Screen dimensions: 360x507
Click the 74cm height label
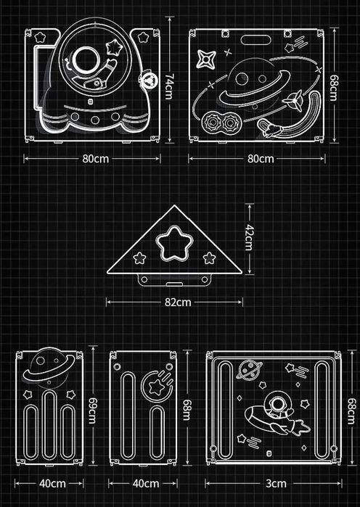click(170, 86)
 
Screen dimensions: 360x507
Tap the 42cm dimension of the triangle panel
click(249, 238)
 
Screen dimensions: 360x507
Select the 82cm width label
click(178, 302)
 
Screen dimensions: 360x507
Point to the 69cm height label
click(92, 411)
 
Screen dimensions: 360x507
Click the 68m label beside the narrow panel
click(187, 410)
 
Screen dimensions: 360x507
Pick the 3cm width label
click(276, 484)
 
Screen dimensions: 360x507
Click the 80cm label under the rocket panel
click(95, 159)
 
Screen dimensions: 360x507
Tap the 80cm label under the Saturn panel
click(261, 159)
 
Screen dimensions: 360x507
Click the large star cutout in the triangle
click(174, 244)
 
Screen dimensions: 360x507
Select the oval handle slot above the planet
click(256, 40)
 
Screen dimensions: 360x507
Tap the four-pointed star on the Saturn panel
click(205, 59)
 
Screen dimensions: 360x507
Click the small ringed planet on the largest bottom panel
click(249, 370)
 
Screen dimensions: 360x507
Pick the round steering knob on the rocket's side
click(149, 80)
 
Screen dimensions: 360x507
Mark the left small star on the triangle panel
click(140, 257)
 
